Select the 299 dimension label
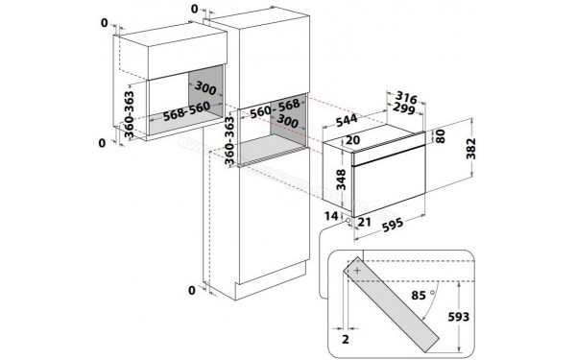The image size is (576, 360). pyautogui.click(x=404, y=108)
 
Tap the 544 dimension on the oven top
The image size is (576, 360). pyautogui.click(x=347, y=121)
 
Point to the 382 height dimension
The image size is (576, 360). pyautogui.click(x=470, y=149)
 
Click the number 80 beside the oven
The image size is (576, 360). pyautogui.click(x=440, y=136)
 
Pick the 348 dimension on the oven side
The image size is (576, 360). pyautogui.click(x=341, y=180)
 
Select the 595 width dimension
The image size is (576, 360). pyautogui.click(x=393, y=226)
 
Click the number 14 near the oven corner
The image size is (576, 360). pyautogui.click(x=331, y=216)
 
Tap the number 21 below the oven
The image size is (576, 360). pyautogui.click(x=364, y=222)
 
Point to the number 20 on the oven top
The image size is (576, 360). pyautogui.click(x=352, y=140)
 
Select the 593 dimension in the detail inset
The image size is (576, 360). pyautogui.click(x=459, y=317)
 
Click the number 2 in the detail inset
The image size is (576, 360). pyautogui.click(x=346, y=340)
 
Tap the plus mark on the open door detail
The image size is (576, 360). pyautogui.click(x=357, y=271)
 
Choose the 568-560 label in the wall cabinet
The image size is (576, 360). pyautogui.click(x=186, y=110)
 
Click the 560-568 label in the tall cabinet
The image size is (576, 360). pyautogui.click(x=276, y=108)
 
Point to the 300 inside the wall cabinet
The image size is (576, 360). pyautogui.click(x=205, y=87)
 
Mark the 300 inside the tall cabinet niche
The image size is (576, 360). pyautogui.click(x=287, y=121)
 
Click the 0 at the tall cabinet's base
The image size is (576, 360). pyautogui.click(x=192, y=291)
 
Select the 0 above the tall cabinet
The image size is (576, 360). pyautogui.click(x=195, y=9)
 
